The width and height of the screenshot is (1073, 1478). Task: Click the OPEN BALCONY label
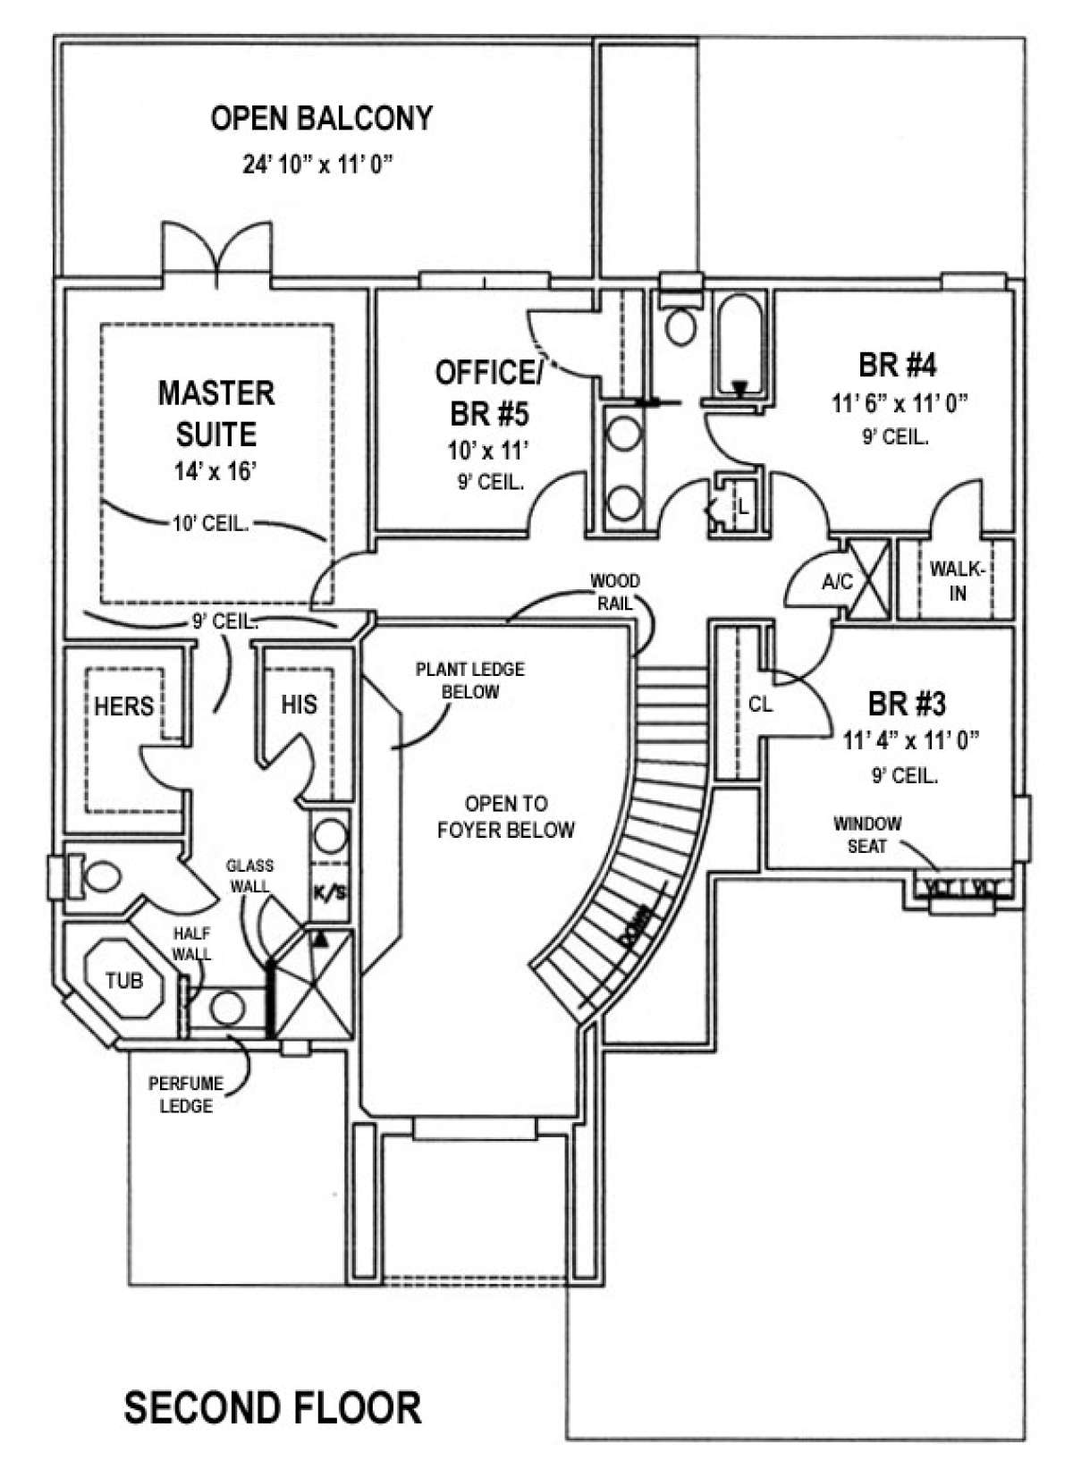tap(321, 118)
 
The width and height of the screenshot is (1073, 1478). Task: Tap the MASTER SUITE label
tap(216, 413)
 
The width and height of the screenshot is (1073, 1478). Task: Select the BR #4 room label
tap(897, 365)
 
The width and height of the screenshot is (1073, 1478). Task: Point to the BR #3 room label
tap(906, 704)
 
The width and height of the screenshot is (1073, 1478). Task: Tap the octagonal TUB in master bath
tap(123, 981)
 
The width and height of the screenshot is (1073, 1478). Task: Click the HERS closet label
tap(124, 706)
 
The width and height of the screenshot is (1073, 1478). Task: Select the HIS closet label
tap(299, 705)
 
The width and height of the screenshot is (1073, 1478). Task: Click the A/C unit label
tap(837, 582)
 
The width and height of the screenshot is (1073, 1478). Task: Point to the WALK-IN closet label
tap(957, 580)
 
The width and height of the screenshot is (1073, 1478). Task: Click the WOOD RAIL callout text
tap(615, 592)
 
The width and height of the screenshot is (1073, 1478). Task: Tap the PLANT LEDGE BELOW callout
tap(469, 680)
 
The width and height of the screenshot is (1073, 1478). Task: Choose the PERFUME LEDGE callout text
tap(186, 1094)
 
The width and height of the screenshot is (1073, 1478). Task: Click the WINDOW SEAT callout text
tap(867, 834)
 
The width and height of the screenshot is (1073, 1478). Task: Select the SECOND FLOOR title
tap(272, 1407)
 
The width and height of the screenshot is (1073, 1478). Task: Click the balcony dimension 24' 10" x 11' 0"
tap(317, 165)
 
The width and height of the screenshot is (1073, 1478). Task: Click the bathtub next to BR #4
tap(739, 344)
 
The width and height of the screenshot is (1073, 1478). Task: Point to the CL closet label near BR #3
tap(760, 705)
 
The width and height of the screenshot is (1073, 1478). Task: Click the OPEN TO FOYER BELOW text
tap(505, 817)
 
